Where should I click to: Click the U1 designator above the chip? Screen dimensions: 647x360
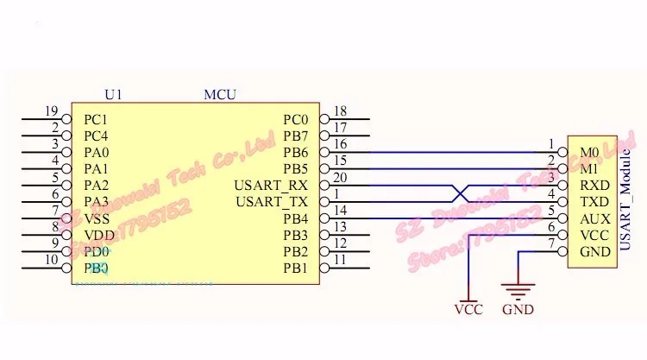pyautogui.click(x=112, y=94)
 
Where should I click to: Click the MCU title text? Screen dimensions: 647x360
pyautogui.click(x=219, y=94)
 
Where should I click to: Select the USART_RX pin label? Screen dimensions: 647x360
pyautogui.click(x=271, y=185)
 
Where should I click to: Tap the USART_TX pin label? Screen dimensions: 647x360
pyautogui.click(x=271, y=201)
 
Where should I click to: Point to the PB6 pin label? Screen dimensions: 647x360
pyautogui.click(x=295, y=152)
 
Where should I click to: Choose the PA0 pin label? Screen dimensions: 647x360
pyautogui.click(x=96, y=152)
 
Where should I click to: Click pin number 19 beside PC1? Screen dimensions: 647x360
pyautogui.click(x=51, y=111)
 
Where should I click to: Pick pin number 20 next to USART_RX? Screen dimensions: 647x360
pyautogui.click(x=339, y=177)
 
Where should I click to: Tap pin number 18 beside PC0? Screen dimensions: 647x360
pyautogui.click(x=339, y=111)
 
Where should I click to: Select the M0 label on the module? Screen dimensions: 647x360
pyautogui.click(x=589, y=152)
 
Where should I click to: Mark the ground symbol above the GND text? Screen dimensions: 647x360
pyautogui.click(x=518, y=293)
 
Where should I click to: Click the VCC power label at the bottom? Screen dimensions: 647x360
pyautogui.click(x=468, y=309)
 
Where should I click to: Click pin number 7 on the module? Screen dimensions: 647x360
pyautogui.click(x=550, y=243)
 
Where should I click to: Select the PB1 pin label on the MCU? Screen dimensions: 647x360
pyautogui.click(x=295, y=268)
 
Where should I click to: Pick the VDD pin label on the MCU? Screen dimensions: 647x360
pyautogui.click(x=97, y=234)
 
